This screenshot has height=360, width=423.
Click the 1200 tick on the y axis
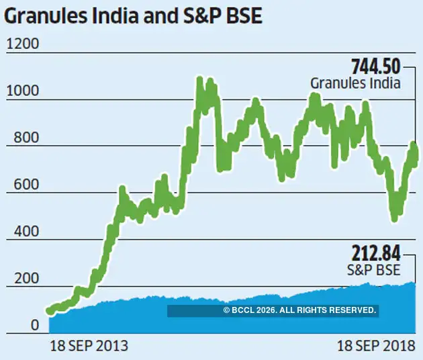coord(23,44)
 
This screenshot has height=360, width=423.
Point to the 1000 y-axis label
coord(23,90)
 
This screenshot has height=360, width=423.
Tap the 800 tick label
coord(20,136)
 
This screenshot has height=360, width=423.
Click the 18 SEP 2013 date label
coord(89,347)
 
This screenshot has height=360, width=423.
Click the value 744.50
coord(376,67)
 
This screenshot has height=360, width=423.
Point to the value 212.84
coord(376,254)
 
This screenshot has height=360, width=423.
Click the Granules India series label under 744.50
coord(355,84)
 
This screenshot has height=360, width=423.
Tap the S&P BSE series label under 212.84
coord(373,270)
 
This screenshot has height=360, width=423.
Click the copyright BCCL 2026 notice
coord(299,310)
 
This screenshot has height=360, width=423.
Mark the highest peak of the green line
coord(199,81)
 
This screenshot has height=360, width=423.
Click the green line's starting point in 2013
coord(50,311)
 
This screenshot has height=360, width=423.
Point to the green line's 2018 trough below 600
coord(394,216)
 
